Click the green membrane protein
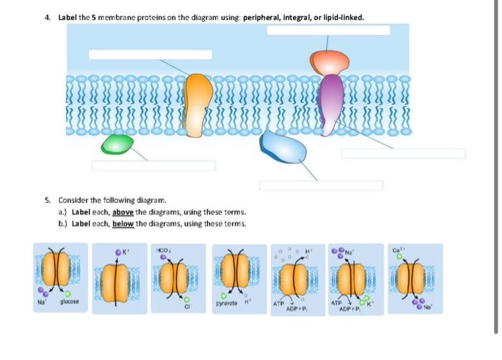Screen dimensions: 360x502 tap(117, 143)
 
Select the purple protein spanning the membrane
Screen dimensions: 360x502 tap(331, 97)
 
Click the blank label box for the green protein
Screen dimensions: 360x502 tap(153, 166)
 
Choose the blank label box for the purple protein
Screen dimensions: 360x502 tap(403, 153)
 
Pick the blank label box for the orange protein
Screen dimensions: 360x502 tap(150, 55)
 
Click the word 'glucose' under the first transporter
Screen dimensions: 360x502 tap(70, 303)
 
